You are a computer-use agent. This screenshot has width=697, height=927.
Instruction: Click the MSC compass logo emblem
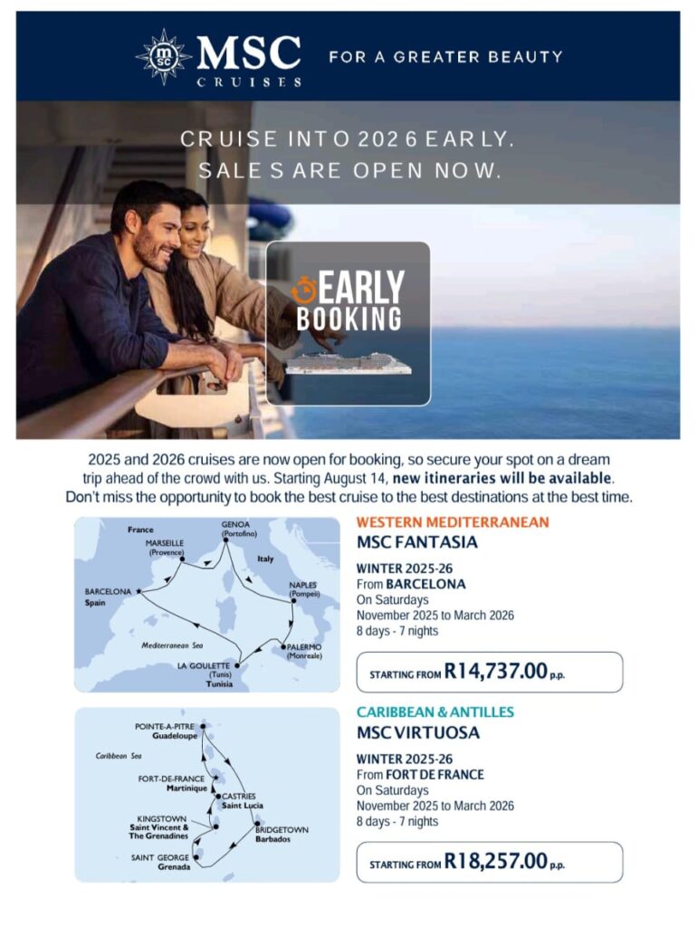click(164, 56)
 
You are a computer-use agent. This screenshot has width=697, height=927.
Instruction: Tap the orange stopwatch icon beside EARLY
click(304, 290)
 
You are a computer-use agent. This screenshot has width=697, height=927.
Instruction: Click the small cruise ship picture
click(348, 363)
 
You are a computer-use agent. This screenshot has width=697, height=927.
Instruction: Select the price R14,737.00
click(496, 672)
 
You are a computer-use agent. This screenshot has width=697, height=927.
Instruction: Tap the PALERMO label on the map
click(304, 646)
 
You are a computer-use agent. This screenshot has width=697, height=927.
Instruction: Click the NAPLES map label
click(302, 585)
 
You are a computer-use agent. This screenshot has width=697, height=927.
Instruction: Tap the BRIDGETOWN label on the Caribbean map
click(282, 829)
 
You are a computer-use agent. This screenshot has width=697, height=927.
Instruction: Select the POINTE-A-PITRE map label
click(165, 727)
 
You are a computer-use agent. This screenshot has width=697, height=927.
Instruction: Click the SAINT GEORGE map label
click(160, 857)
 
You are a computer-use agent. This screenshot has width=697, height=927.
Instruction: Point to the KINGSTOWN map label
click(163, 818)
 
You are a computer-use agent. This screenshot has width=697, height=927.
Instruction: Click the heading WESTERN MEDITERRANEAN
click(453, 522)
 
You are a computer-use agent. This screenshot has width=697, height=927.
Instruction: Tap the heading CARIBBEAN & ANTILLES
click(434, 712)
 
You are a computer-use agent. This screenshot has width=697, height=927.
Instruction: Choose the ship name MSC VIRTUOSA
click(417, 732)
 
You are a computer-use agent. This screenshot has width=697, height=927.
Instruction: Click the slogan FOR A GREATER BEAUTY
click(445, 56)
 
